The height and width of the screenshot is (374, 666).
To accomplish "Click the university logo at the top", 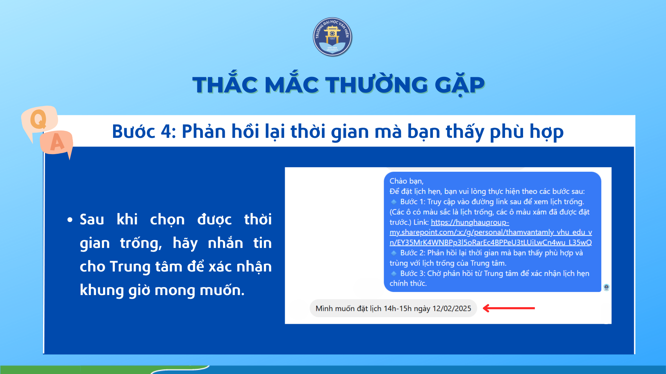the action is (x=332, y=37).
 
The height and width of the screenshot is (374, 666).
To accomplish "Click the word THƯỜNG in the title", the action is (x=376, y=85).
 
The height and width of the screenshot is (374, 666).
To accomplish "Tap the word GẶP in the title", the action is (x=460, y=84).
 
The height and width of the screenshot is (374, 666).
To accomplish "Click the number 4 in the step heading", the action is (x=166, y=132).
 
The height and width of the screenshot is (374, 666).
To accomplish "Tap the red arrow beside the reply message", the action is (x=509, y=308).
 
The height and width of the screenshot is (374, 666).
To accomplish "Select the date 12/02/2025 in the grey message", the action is (x=452, y=309).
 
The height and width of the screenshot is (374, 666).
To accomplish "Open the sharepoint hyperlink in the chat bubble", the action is (x=490, y=232).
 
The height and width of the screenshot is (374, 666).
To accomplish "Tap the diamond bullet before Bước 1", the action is (x=394, y=202).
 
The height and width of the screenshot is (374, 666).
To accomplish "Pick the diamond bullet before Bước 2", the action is (x=394, y=253).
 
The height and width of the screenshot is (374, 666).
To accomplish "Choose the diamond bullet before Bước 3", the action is (x=394, y=273).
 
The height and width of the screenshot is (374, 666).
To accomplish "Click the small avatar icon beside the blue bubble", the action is (x=606, y=287).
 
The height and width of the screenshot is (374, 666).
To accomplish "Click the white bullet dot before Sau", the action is (x=70, y=220).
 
